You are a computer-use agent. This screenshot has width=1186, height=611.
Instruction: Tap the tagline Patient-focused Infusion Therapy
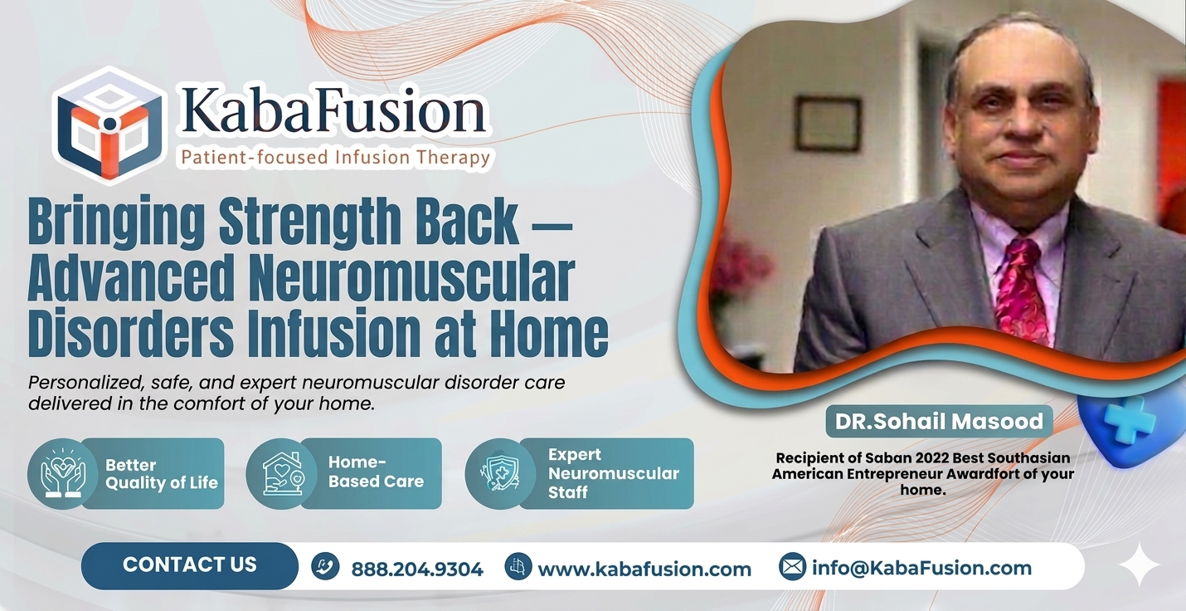click(x=336, y=157)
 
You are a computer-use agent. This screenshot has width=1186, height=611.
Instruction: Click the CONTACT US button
click(x=190, y=565)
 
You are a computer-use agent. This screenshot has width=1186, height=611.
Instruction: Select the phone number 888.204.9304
click(x=417, y=569)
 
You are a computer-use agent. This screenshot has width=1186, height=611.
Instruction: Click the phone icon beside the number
click(x=325, y=567)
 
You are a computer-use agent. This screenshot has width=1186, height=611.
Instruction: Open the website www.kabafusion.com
click(x=644, y=569)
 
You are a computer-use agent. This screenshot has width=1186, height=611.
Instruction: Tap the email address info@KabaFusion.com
click(x=921, y=568)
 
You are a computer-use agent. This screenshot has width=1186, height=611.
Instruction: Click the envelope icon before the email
click(x=792, y=567)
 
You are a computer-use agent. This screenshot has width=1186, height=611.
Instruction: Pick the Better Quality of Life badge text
click(x=162, y=474)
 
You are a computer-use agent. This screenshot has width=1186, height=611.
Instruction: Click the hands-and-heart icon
click(x=57, y=473)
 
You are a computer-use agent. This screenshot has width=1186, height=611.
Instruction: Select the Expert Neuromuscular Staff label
click(x=613, y=473)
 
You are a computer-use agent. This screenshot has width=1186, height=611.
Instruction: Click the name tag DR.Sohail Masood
click(x=938, y=422)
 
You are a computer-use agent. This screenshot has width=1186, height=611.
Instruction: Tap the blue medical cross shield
click(x=1127, y=423)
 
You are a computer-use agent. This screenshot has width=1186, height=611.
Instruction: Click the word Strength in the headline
click(x=334, y=222)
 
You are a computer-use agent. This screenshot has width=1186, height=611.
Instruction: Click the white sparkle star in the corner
click(x=1139, y=565)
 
